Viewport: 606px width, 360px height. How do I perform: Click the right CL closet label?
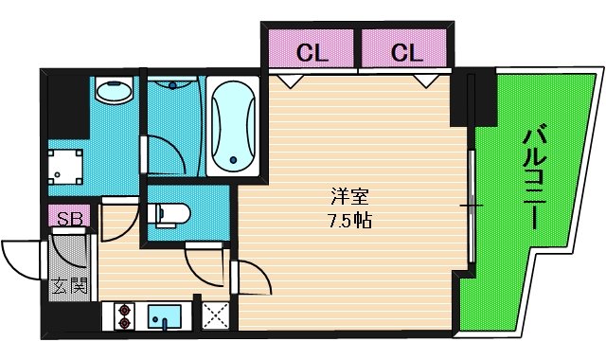click(405, 51)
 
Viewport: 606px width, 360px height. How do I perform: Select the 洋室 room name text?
click(348, 198)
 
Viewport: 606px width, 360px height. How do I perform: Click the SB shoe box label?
click(68, 220)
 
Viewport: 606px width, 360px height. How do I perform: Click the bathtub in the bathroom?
click(232, 127)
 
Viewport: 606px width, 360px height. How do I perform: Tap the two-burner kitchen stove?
click(123, 316)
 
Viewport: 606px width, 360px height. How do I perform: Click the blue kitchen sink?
click(167, 316)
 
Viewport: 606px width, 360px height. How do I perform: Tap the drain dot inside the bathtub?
click(232, 159)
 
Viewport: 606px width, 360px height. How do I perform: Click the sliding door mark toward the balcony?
click(470, 205)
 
